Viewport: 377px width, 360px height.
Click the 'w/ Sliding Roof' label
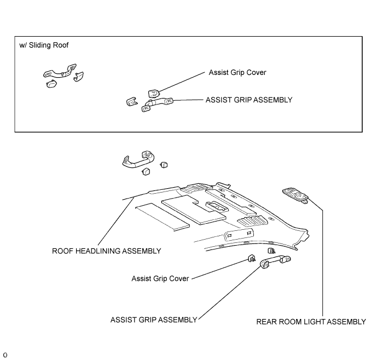click(44, 45)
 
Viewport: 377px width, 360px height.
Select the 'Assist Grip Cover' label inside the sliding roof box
click(237, 72)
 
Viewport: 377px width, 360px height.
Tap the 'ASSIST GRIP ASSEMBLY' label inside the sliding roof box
click(249, 100)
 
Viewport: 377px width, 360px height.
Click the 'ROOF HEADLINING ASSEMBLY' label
click(107, 251)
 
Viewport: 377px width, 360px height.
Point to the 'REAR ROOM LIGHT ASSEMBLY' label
click(311, 322)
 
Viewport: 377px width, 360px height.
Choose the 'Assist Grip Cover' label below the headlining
click(160, 278)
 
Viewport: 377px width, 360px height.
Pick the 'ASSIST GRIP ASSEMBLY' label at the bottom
click(154, 320)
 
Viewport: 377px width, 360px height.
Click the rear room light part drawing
click(295, 195)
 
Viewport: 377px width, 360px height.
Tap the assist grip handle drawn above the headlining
click(138, 160)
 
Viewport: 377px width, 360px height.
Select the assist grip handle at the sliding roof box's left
click(60, 72)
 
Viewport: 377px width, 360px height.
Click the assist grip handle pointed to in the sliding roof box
click(156, 104)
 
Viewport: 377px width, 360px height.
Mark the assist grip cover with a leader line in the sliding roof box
click(154, 94)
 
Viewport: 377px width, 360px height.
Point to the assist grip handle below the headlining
click(275, 261)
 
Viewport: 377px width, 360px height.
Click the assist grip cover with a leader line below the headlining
click(252, 259)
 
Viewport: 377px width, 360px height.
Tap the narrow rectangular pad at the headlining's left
click(163, 217)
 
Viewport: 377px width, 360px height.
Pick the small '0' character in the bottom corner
click(5, 355)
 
